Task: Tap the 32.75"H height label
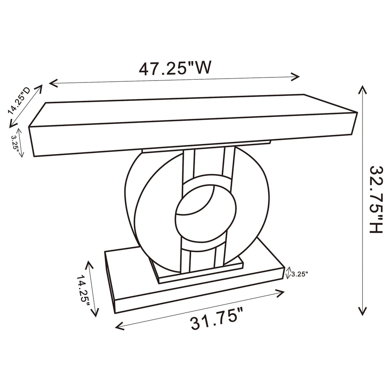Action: point(376,199)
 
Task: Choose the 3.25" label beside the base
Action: point(300,274)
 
